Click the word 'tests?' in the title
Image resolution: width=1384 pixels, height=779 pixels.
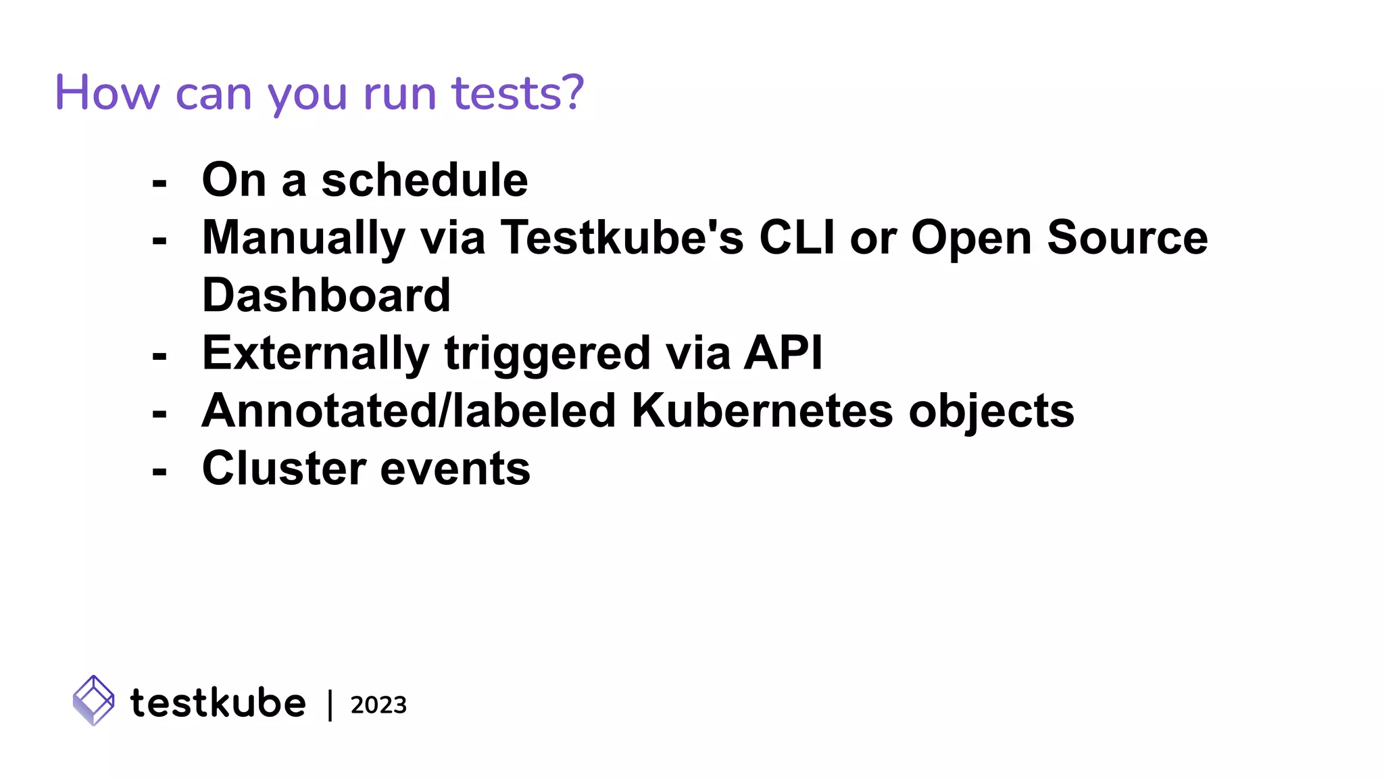518,93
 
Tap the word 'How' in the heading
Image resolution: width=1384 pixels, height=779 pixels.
107,93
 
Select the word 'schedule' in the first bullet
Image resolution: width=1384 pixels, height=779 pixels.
424,181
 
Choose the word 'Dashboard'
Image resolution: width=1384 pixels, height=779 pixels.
326,296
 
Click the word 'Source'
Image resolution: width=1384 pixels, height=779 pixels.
1127,238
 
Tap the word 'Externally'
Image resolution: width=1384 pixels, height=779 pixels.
316,354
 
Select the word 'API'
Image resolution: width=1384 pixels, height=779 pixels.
783,353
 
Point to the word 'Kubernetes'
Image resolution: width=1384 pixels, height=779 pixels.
762,411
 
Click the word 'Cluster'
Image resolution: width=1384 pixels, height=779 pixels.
284,469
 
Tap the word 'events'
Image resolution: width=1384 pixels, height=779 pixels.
455,469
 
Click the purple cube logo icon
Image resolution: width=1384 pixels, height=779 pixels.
93,701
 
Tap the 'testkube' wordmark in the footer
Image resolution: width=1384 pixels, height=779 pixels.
218,703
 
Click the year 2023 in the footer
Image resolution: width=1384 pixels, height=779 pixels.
378,705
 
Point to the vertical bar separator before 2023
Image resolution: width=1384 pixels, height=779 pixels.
330,705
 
